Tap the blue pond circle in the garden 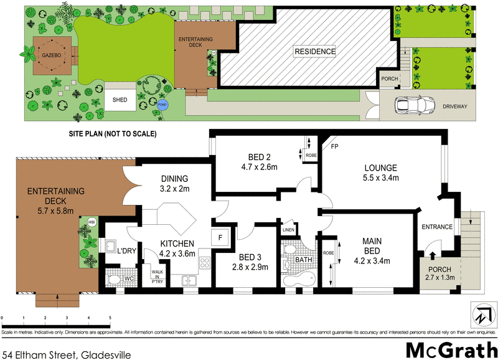tap(163, 105)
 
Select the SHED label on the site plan tap(120, 100)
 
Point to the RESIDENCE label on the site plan tap(315, 51)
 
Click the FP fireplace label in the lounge tap(334, 148)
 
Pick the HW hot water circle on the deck tap(92, 222)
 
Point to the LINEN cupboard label tap(288, 230)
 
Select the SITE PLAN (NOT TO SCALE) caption tap(112, 134)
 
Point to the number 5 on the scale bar tap(110, 318)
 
